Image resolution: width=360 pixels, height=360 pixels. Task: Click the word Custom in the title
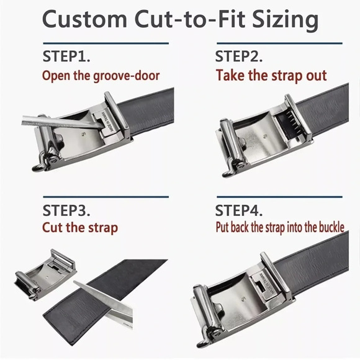click(84, 19)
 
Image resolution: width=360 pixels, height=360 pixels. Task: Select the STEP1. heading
click(66, 56)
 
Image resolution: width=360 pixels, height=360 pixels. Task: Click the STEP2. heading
click(239, 56)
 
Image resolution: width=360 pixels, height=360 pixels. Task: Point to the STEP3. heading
click(66, 210)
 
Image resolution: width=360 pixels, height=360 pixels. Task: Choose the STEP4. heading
click(239, 210)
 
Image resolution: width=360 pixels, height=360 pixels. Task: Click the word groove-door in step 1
click(127, 76)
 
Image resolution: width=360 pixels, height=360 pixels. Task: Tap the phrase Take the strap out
click(271, 76)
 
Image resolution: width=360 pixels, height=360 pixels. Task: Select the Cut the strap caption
click(80, 228)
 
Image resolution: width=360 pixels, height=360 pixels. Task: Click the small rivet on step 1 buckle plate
click(83, 134)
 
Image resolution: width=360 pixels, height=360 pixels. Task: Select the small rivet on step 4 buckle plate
click(243, 299)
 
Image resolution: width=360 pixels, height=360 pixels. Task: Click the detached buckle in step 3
click(46, 275)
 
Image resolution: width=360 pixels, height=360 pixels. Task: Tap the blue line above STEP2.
click(279, 43)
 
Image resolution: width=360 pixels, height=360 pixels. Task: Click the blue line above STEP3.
click(106, 197)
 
